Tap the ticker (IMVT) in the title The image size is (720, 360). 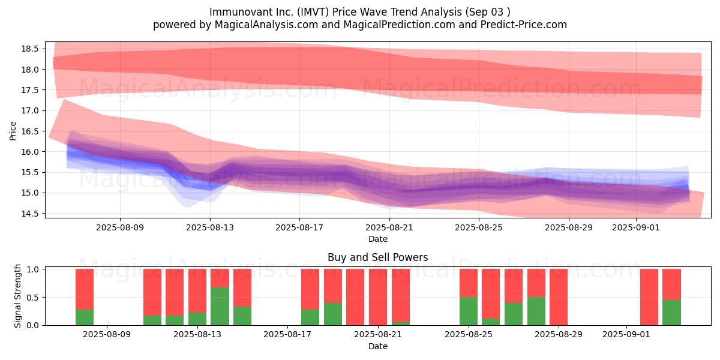313,12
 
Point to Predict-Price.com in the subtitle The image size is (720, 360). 524,25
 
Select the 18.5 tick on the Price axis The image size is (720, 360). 30,49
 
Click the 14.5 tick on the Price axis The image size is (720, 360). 30,214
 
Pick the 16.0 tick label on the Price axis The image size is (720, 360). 30,152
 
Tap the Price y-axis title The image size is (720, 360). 13,131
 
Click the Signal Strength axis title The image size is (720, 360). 17,296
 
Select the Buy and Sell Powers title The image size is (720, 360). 377,257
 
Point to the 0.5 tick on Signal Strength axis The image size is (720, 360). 33,298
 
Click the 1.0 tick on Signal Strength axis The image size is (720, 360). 33,269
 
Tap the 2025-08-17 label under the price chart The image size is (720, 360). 299,227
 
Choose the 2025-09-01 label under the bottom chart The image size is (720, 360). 626,335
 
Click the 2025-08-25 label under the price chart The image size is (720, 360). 479,227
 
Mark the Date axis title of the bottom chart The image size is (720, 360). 377,346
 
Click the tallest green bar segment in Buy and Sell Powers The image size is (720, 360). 220,307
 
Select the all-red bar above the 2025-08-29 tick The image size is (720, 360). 559,297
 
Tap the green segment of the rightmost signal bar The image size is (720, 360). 672,313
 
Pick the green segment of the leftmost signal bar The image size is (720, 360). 85,317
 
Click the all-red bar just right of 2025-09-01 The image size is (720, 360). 649,297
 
